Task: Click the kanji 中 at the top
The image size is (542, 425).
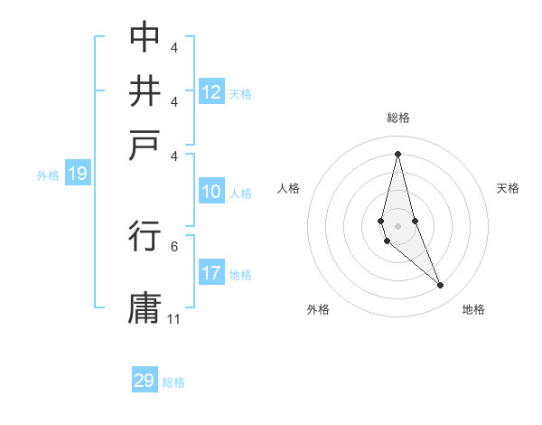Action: (x=145, y=37)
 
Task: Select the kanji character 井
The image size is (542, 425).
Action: (x=145, y=92)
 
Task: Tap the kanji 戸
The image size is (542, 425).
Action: (x=145, y=146)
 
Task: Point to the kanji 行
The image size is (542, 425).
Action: (x=145, y=237)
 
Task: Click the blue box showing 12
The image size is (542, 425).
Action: (x=210, y=91)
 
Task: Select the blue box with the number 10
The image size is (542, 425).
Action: (x=210, y=192)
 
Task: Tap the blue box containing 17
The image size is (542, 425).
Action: (x=210, y=273)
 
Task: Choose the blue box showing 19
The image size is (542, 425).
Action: (x=77, y=175)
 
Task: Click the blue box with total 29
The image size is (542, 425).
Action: (x=145, y=381)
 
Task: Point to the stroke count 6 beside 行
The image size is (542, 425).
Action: (x=173, y=245)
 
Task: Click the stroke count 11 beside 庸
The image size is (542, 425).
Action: (x=174, y=319)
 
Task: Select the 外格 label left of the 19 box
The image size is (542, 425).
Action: (x=47, y=175)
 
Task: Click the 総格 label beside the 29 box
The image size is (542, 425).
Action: (x=173, y=382)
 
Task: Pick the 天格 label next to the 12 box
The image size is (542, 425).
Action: (x=240, y=93)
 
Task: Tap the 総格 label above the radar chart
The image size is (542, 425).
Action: (x=398, y=118)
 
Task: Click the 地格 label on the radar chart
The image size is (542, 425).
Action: (x=473, y=309)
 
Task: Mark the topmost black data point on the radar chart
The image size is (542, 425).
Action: (x=397, y=153)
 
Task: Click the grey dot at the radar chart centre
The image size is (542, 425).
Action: (x=397, y=226)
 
